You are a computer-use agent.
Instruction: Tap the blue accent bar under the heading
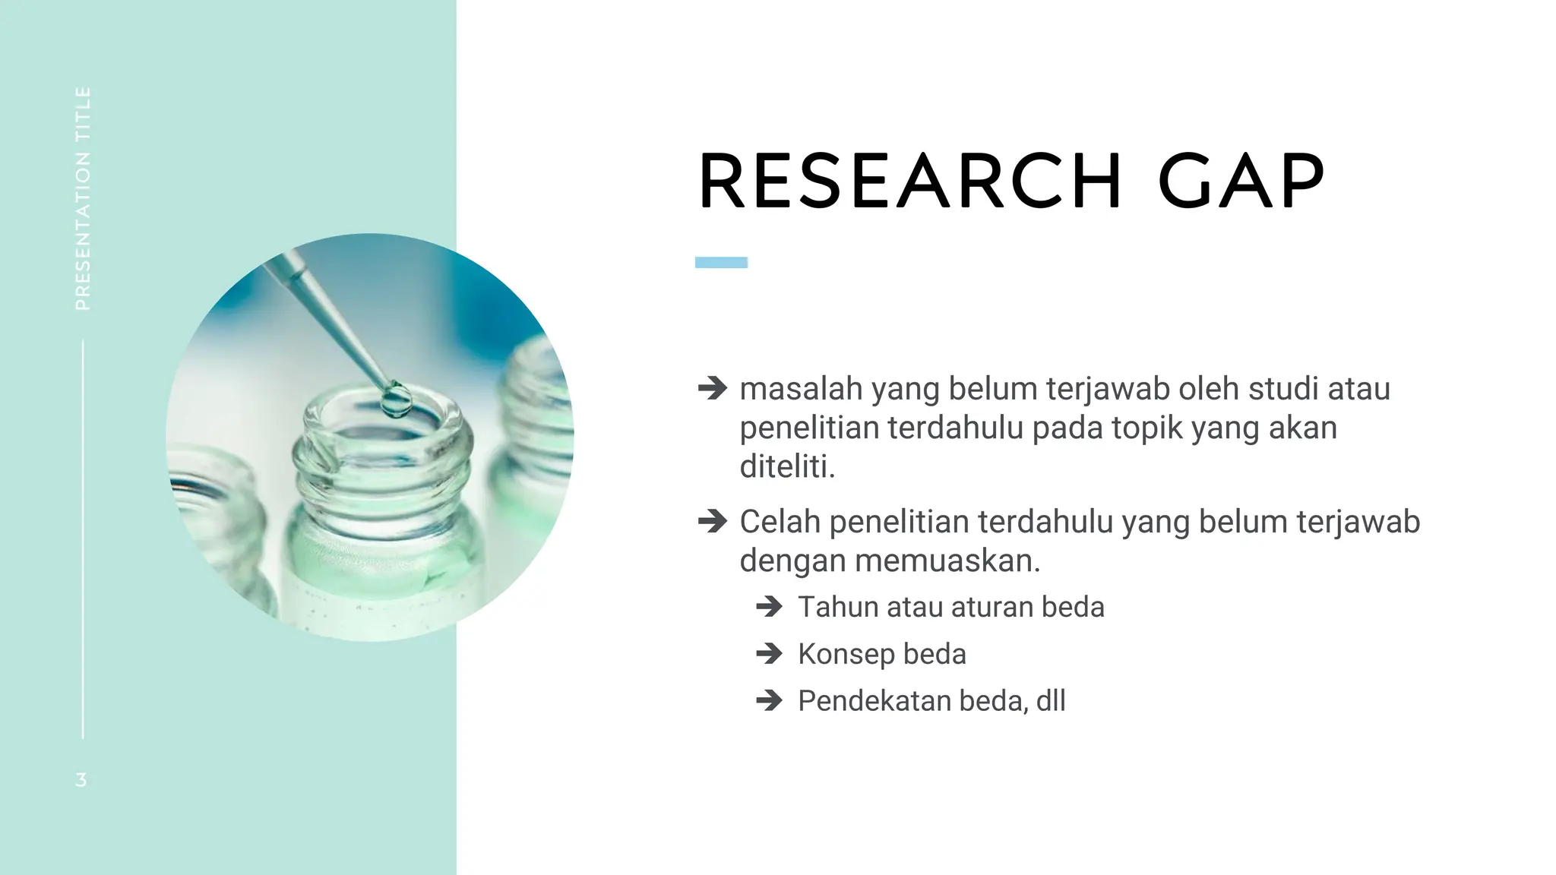point(721,262)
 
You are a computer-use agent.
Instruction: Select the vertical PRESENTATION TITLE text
point(83,198)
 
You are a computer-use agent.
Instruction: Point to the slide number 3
point(81,779)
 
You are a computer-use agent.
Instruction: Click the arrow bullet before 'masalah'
point(713,388)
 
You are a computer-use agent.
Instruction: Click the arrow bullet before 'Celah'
point(713,522)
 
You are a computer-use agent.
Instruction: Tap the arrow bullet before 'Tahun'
point(770,607)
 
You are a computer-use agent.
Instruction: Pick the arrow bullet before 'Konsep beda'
point(770,654)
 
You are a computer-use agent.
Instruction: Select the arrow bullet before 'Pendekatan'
point(770,700)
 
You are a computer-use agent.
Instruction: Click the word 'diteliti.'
point(787,466)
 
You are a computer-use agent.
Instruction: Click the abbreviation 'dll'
point(1051,700)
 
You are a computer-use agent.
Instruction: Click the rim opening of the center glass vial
point(382,425)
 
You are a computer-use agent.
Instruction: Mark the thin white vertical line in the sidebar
point(83,539)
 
